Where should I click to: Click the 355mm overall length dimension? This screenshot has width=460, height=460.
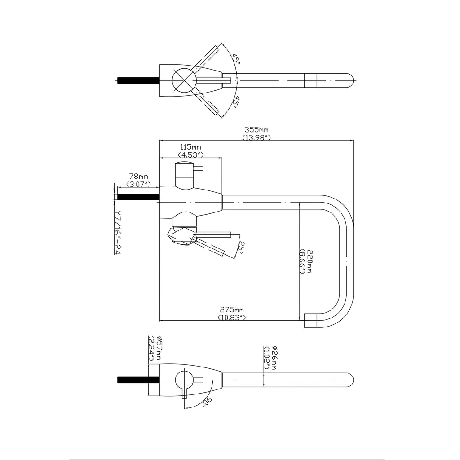tap(256, 130)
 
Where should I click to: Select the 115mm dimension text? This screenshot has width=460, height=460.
tap(190, 147)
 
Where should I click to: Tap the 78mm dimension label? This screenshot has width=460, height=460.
tap(138, 177)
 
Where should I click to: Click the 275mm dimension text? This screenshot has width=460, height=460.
tap(232, 310)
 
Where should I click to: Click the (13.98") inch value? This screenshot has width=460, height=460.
tap(256, 137)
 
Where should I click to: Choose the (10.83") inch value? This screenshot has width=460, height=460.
tap(232, 317)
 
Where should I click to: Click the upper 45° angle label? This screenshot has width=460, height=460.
tap(235, 59)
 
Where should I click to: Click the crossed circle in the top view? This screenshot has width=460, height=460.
tap(184, 81)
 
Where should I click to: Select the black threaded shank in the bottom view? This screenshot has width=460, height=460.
tap(133, 380)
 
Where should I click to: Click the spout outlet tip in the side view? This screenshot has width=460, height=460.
tap(311, 320)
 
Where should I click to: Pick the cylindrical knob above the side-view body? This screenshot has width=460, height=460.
tap(184, 175)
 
